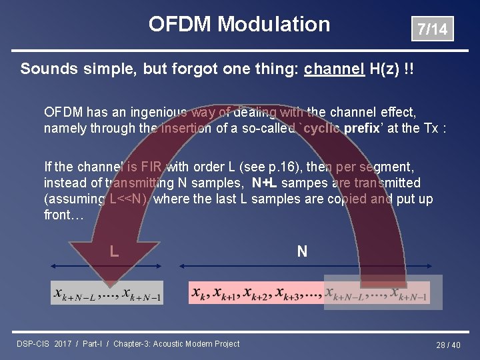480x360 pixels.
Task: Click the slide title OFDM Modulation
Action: point(239,25)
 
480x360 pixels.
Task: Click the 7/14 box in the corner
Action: point(432,29)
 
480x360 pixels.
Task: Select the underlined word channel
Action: point(334,69)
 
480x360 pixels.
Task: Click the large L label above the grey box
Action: point(115,251)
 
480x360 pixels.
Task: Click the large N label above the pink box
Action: point(302,251)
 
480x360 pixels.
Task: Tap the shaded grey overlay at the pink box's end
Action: point(378,292)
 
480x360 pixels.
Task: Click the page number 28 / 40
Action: point(448,345)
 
